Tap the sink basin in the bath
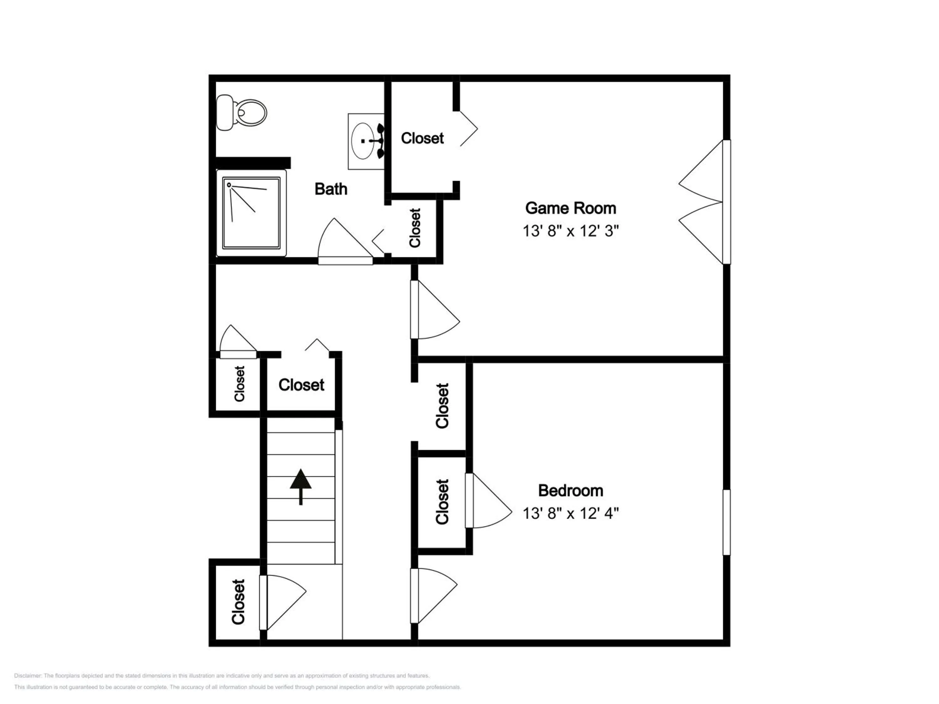click(x=363, y=141)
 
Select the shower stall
click(x=251, y=213)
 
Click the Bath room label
click(x=331, y=189)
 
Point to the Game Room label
click(x=571, y=208)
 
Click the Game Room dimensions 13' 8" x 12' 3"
click(x=571, y=231)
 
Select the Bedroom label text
click(x=571, y=491)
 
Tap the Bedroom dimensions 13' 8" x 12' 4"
click(x=571, y=513)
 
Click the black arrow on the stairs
click(x=300, y=486)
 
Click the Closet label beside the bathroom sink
click(x=422, y=138)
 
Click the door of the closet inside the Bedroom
click(x=488, y=501)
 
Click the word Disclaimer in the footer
click(x=28, y=676)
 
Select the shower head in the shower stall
click(x=229, y=185)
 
